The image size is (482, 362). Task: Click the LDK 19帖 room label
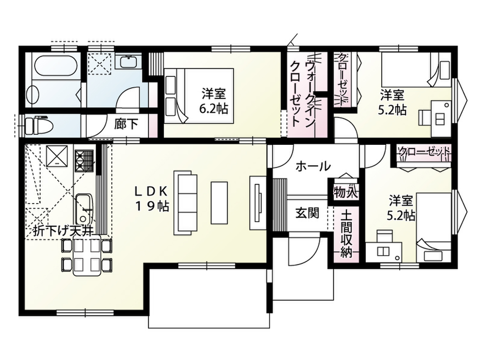click(x=151, y=199)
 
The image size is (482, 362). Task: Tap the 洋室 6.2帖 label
click(x=214, y=100)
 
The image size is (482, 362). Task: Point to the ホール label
click(x=313, y=167)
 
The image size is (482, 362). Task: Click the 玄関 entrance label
click(x=307, y=213)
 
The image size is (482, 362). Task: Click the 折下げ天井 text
click(x=63, y=231)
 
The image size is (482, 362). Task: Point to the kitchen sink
click(x=83, y=209)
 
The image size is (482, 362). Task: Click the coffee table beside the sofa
click(x=219, y=203)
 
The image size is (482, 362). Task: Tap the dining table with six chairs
click(x=87, y=255)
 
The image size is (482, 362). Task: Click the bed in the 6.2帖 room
click(x=199, y=96)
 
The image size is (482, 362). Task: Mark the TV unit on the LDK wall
click(x=257, y=203)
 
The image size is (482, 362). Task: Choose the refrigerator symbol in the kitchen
click(x=57, y=155)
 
